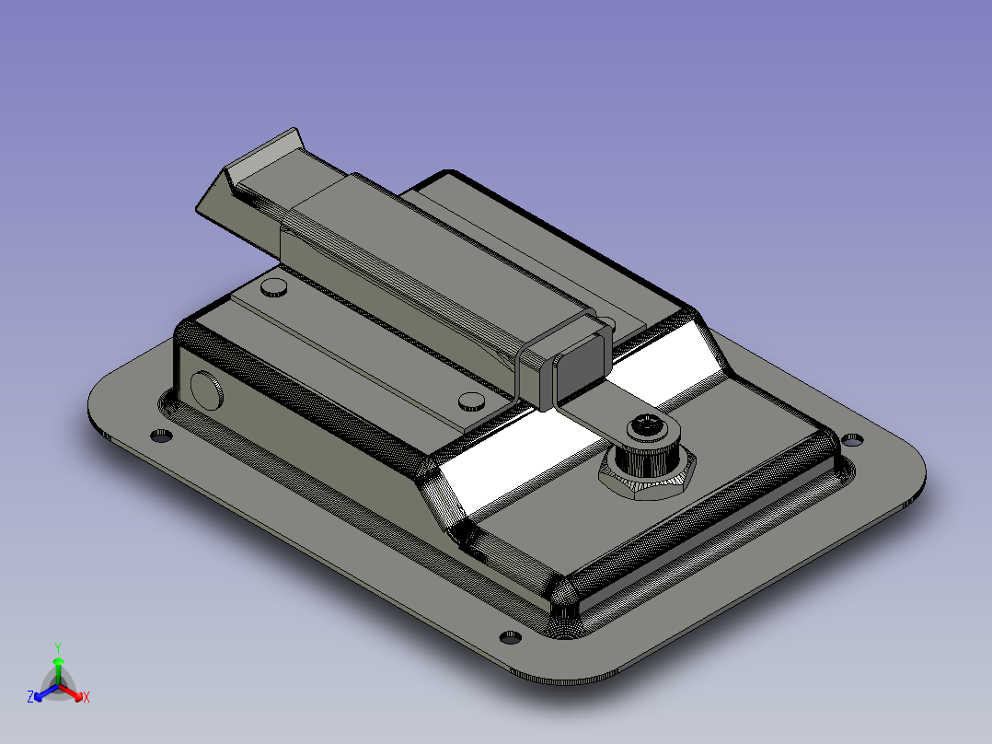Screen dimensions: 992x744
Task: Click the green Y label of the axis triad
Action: pyautogui.click(x=58, y=648)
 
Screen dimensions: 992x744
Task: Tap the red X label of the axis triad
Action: pyautogui.click(x=87, y=697)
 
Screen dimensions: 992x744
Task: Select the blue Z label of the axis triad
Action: pyautogui.click(x=30, y=697)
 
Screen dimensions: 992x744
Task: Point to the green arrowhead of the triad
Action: pyautogui.click(x=58, y=661)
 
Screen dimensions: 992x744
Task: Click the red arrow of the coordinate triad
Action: pyautogui.click(x=71, y=692)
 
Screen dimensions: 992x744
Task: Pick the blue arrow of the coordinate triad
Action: pyautogui.click(x=46, y=692)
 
